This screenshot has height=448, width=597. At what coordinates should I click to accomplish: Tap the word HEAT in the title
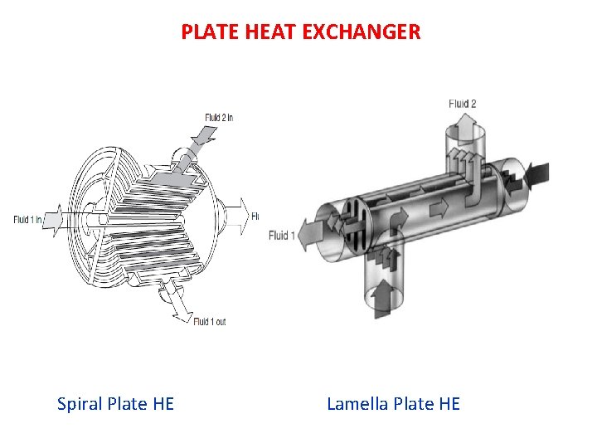tap(265, 32)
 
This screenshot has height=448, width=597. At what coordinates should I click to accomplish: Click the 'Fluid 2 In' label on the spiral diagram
tap(219, 118)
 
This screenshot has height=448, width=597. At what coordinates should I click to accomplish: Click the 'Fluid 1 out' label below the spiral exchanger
tap(209, 322)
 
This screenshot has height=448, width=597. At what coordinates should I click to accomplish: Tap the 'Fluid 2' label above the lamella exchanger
tap(462, 104)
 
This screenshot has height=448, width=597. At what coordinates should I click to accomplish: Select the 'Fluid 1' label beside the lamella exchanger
tap(279, 236)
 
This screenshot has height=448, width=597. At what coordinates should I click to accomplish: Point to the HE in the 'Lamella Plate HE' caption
tap(449, 404)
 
